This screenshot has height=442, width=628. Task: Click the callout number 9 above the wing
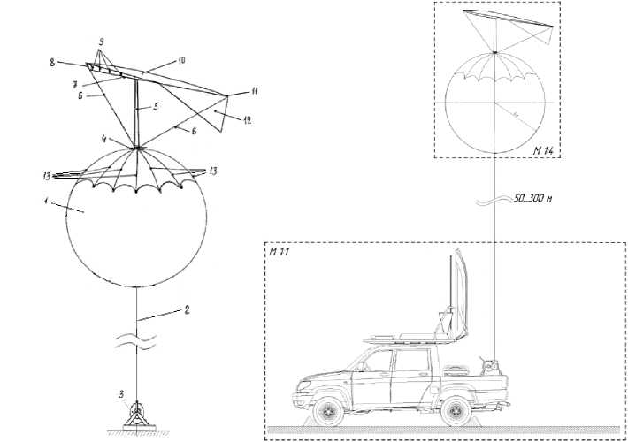(x=102, y=42)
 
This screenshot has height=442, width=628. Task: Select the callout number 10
(x=180, y=62)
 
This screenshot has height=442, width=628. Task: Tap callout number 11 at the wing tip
(x=255, y=91)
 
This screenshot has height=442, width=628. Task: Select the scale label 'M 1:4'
(x=543, y=151)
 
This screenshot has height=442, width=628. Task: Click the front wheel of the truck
(x=330, y=409)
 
